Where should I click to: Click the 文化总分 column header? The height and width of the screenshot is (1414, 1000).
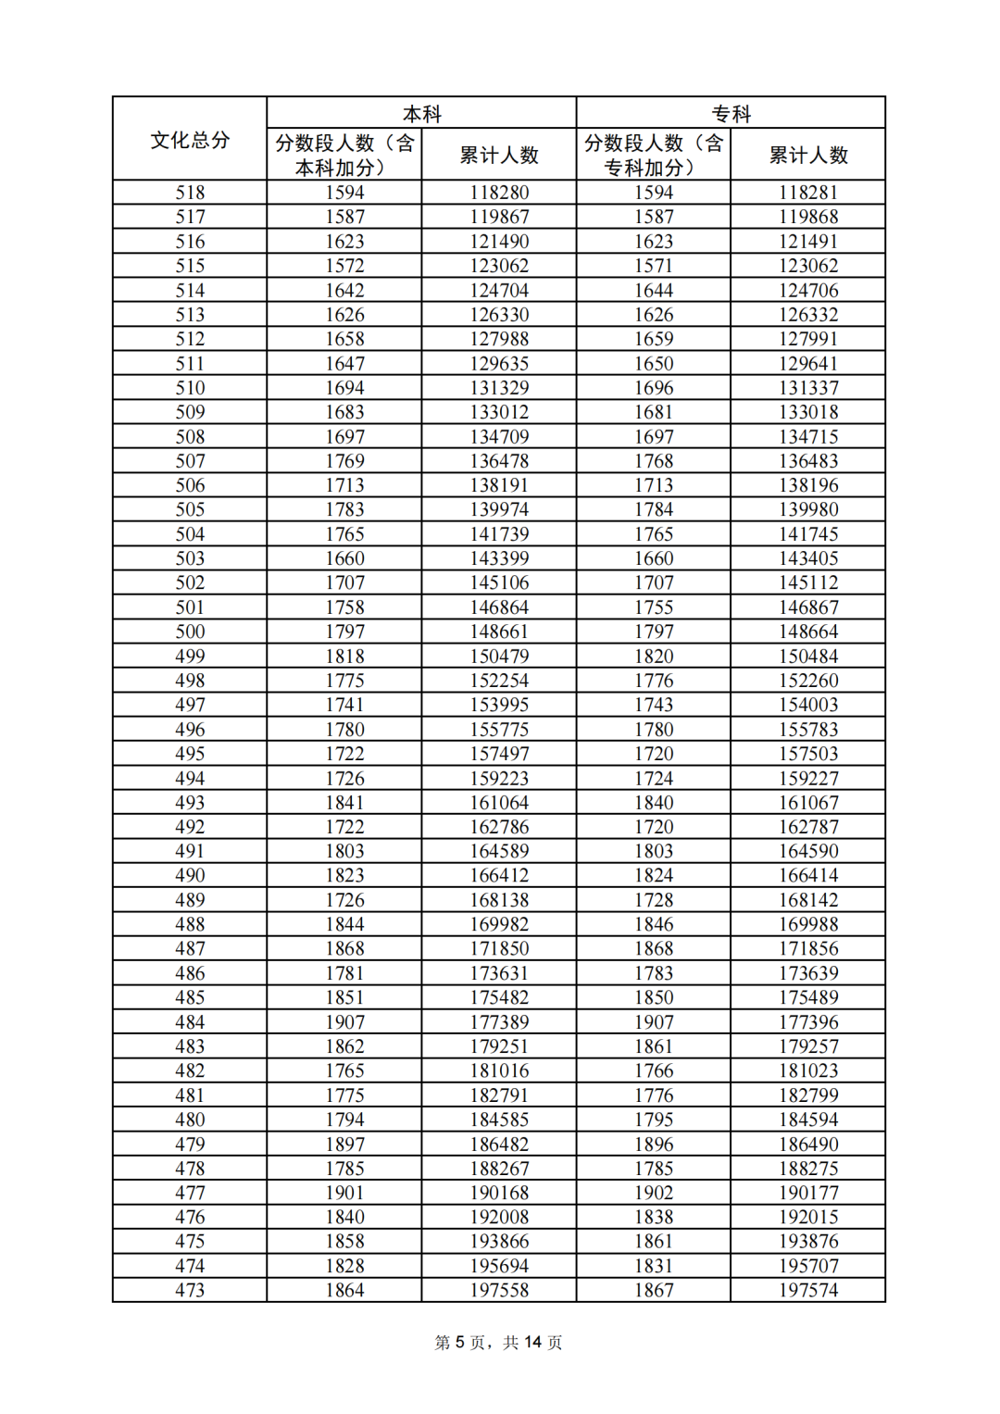[190, 140]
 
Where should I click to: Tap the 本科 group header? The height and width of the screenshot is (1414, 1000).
[421, 114]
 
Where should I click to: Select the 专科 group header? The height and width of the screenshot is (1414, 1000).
[731, 114]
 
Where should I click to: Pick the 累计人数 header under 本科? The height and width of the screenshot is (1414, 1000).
[499, 156]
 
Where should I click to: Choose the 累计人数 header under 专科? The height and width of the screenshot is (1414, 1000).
[808, 156]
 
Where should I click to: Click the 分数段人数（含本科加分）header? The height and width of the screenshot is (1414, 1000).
[344, 155]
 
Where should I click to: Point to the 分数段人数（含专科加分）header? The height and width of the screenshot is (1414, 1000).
[653, 155]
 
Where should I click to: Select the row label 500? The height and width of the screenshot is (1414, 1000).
[190, 632]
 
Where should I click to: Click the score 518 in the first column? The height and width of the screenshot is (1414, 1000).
[190, 193]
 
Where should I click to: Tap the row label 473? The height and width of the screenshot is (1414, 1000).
[190, 1290]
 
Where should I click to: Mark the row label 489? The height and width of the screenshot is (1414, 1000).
[190, 900]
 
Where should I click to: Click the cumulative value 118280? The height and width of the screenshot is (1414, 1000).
[499, 193]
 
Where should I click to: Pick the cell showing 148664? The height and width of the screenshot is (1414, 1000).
[808, 632]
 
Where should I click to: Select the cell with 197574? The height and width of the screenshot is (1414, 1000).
[808, 1290]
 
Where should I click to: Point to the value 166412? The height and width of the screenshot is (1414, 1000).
[499, 875]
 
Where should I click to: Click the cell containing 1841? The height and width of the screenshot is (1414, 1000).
[344, 803]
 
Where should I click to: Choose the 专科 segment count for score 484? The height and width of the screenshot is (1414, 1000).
[654, 1022]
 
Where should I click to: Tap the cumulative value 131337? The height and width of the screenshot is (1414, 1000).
[808, 388]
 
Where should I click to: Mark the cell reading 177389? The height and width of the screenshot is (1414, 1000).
[499, 1022]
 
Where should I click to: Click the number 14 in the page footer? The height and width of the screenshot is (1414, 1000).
[532, 1343]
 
